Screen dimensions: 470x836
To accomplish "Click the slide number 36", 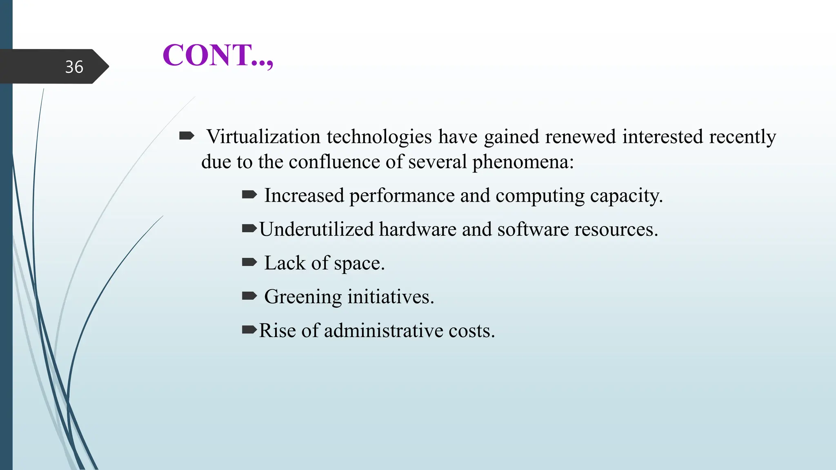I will pos(74,67).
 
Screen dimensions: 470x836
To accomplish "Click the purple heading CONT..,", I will pos(218,55).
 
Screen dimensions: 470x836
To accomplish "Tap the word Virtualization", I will pos(263,137).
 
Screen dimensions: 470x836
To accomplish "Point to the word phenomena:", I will pos(523,162).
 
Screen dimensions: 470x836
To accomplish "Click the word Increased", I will pos(304,195).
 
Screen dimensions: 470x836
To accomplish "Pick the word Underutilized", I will pos(316,229).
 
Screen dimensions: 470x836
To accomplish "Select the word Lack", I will pos(285,263).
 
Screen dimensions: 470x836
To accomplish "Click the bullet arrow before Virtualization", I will pos(187,136).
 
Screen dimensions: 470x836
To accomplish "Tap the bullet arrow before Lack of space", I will pos(249,262).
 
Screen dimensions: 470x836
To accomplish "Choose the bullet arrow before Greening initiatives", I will pos(249,296).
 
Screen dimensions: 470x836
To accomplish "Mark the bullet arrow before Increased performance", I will pos(249,195).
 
